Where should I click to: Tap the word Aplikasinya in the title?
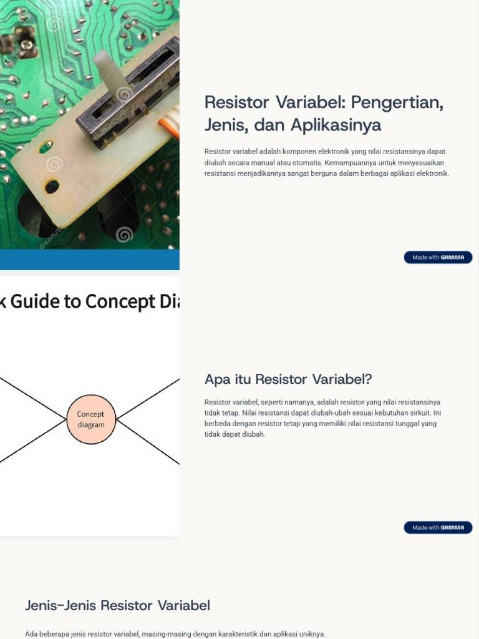[336, 125]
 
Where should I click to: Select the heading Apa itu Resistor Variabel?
[288, 379]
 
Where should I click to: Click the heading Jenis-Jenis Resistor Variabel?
[117, 605]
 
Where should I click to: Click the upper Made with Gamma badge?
[438, 257]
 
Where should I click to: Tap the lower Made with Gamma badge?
[438, 528]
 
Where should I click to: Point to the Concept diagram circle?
[91, 419]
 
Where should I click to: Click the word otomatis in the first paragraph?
[304, 162]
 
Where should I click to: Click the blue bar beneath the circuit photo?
[90, 260]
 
